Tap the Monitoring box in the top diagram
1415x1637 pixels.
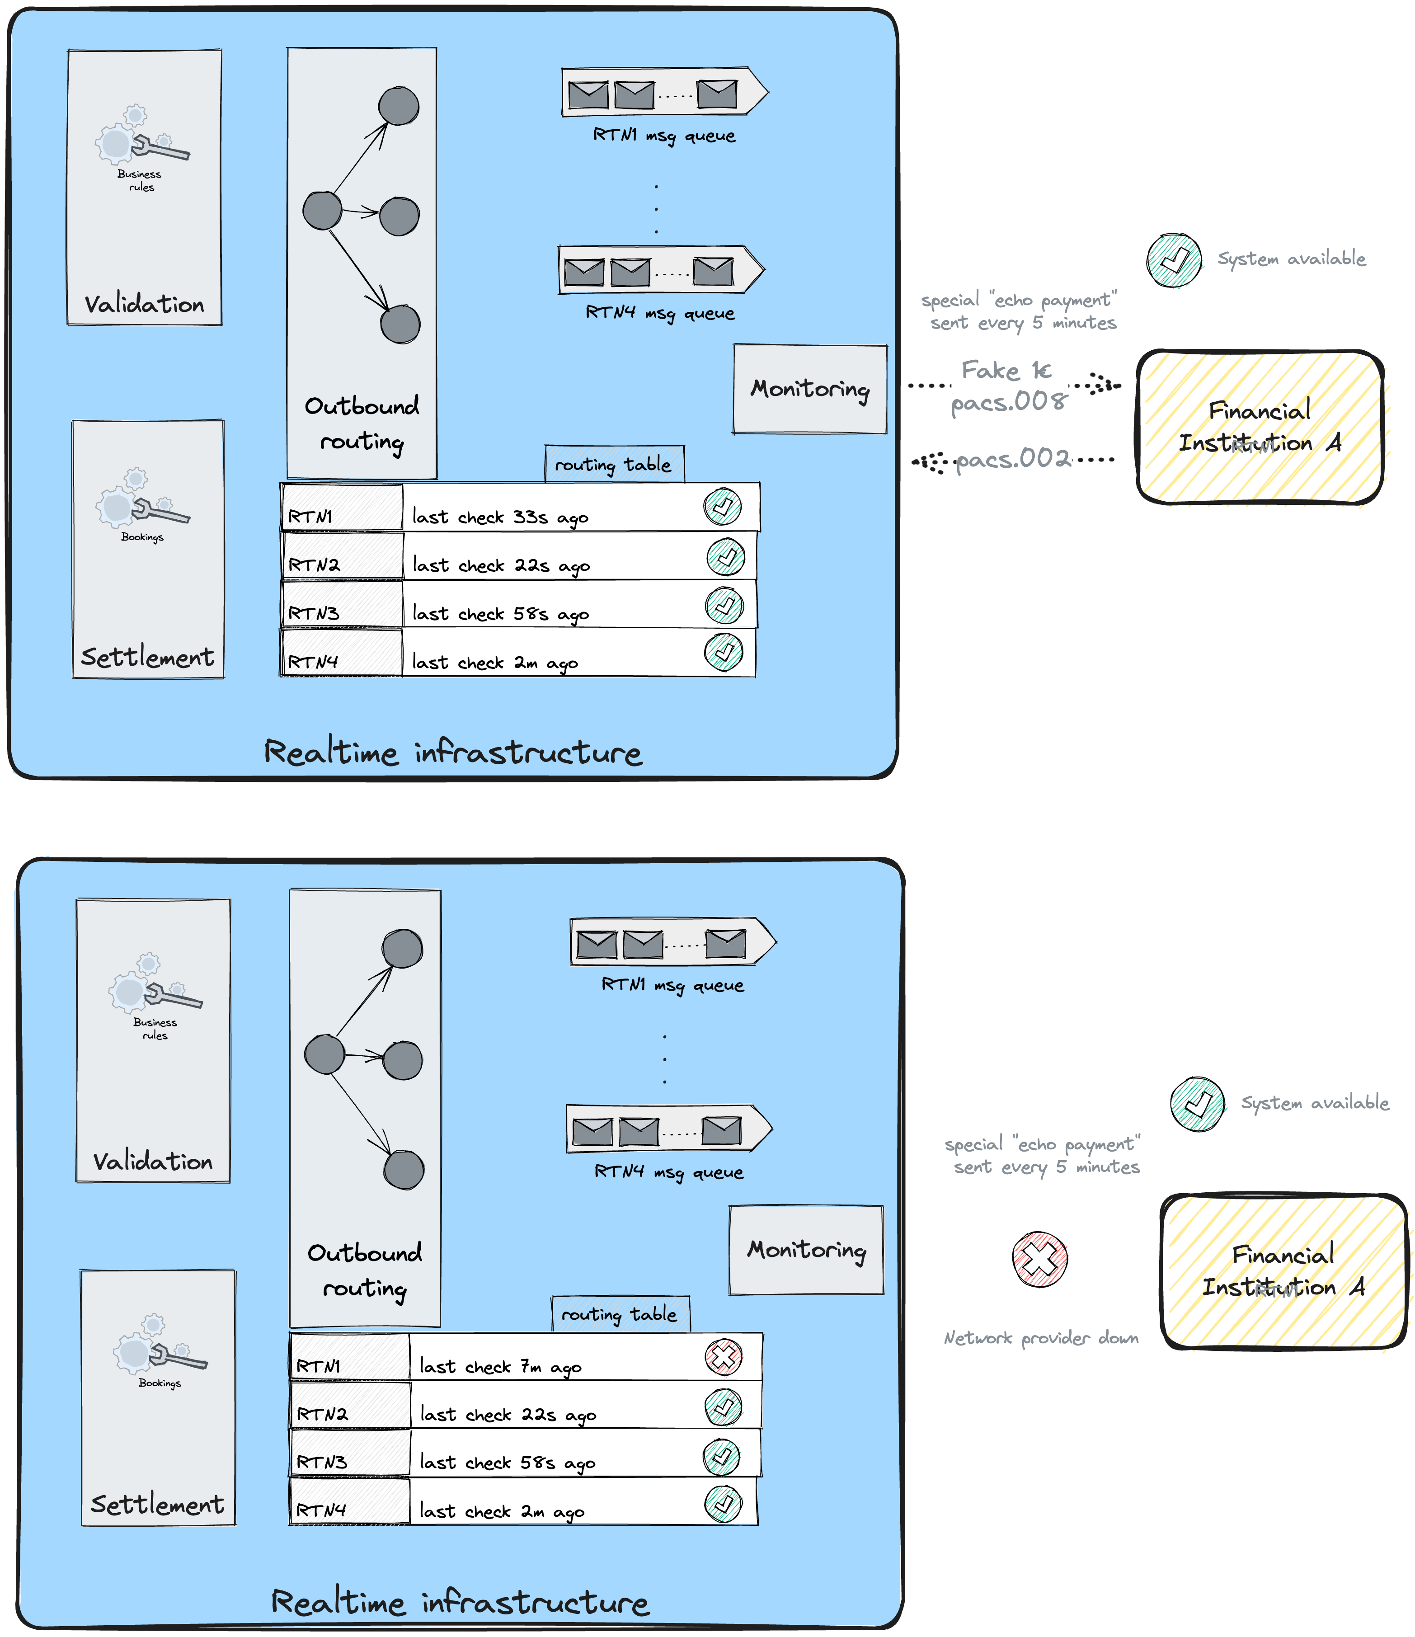point(810,389)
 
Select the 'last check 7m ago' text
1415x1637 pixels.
point(500,1366)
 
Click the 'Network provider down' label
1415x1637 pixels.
point(1040,1337)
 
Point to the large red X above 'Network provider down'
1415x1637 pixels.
point(1040,1259)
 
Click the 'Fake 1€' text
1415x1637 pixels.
point(1006,371)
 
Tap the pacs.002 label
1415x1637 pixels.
point(1013,459)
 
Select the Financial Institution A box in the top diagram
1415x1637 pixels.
point(1260,427)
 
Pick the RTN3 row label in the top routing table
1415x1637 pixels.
point(314,613)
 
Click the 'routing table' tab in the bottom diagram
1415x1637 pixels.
point(620,1314)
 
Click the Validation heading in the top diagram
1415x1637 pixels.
point(145,304)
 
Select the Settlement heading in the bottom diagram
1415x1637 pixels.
point(157,1504)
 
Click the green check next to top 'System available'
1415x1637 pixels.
point(1174,260)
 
